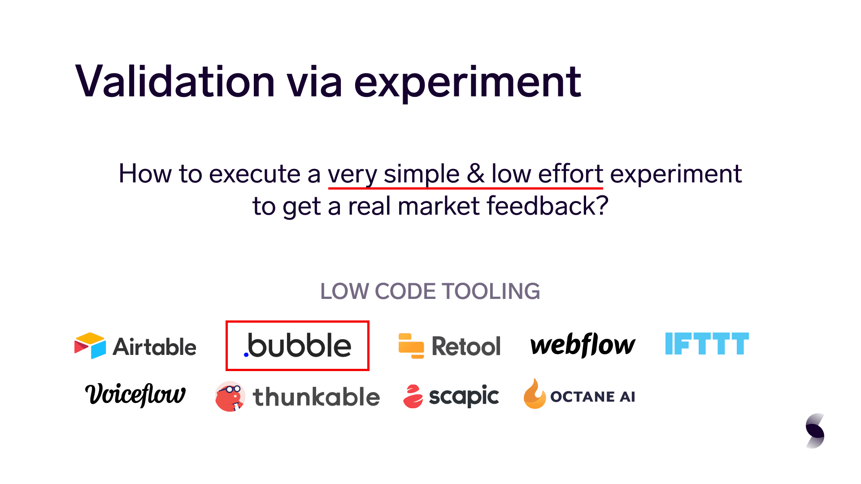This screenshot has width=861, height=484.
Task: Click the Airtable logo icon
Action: click(x=90, y=346)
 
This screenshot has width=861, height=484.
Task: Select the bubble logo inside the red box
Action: click(x=298, y=346)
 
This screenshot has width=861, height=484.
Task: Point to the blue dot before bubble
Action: click(x=246, y=354)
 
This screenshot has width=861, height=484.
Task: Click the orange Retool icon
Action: click(x=411, y=346)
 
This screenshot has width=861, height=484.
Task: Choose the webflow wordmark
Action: click(x=583, y=345)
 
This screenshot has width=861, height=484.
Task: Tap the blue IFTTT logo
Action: click(x=707, y=344)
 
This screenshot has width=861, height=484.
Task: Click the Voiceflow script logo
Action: click(x=135, y=395)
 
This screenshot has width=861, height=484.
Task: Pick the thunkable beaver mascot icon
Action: click(x=230, y=397)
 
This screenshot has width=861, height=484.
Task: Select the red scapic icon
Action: click(x=413, y=397)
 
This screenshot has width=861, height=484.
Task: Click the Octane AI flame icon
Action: click(x=535, y=394)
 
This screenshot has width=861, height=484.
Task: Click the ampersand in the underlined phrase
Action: click(x=476, y=174)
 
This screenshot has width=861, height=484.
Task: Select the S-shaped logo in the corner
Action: click(x=815, y=431)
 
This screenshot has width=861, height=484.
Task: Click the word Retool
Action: click(x=466, y=346)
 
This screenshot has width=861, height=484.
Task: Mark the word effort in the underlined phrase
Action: click(x=570, y=173)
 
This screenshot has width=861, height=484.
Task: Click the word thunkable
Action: click(x=317, y=397)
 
